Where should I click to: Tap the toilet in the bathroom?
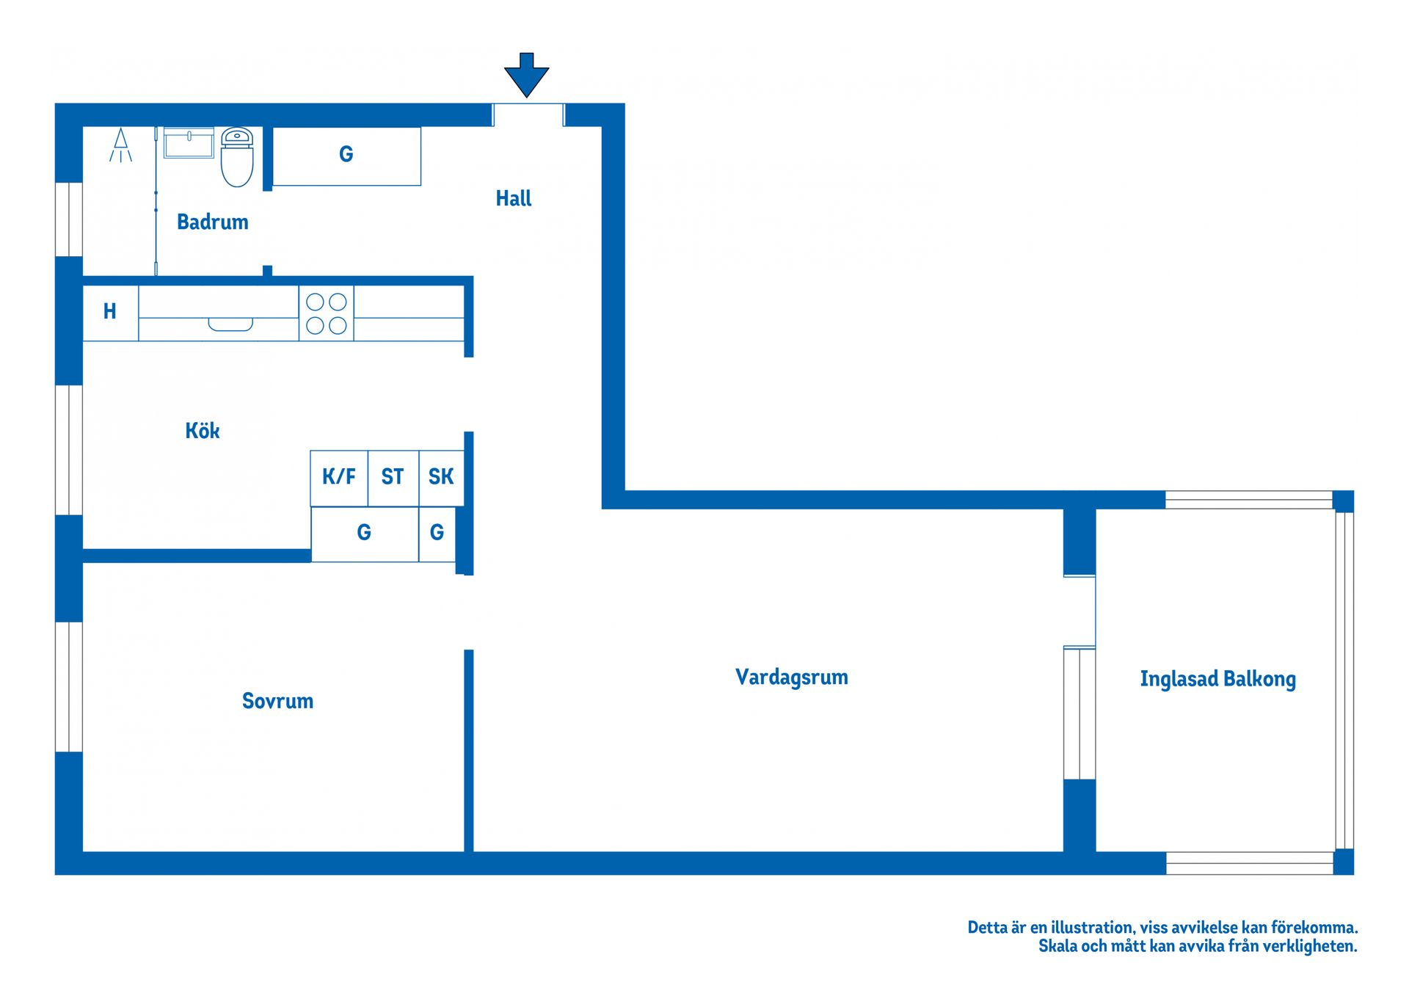tap(237, 157)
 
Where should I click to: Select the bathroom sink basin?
tap(189, 143)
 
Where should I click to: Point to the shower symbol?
tap(120, 145)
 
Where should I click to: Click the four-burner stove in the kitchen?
tap(327, 313)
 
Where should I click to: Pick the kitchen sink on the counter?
tap(230, 324)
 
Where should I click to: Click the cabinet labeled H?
tap(110, 312)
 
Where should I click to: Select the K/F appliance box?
tap(339, 478)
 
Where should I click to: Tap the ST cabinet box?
tap(393, 478)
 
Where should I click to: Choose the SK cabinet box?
tap(441, 478)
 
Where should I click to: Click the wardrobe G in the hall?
tap(346, 155)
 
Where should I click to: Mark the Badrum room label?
tap(213, 222)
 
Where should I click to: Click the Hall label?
tap(514, 199)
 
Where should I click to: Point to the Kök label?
tap(203, 431)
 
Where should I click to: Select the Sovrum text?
tap(277, 702)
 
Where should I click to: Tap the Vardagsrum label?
tap(792, 677)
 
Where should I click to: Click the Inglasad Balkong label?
tap(1217, 680)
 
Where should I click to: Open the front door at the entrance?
tap(528, 115)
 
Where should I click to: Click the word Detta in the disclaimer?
tap(988, 928)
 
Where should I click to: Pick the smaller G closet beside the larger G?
tap(437, 534)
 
